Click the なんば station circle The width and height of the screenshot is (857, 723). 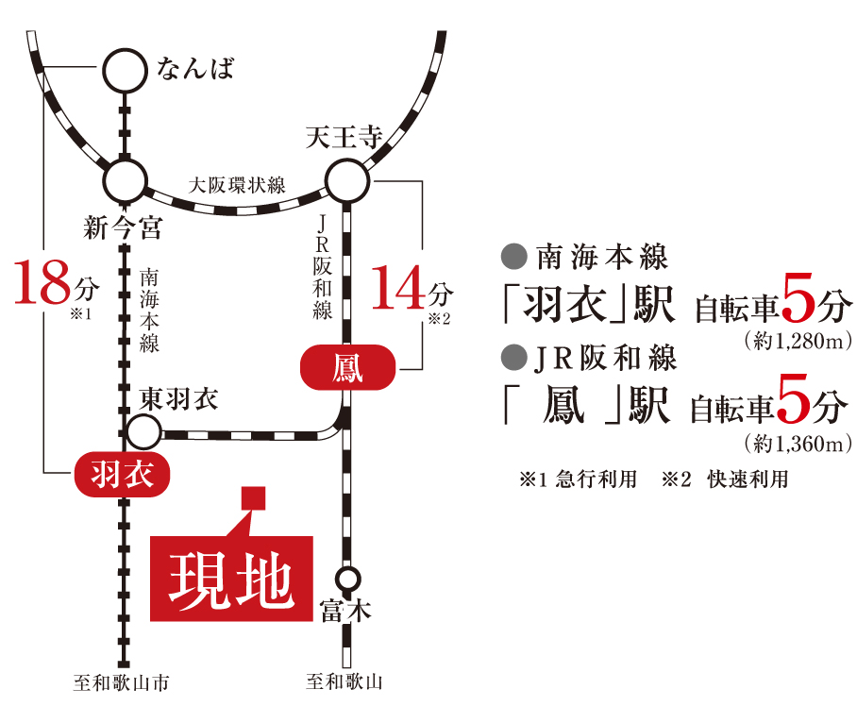(x=126, y=50)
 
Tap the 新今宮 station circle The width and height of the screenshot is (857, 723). (x=126, y=161)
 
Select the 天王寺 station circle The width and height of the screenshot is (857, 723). (x=347, y=161)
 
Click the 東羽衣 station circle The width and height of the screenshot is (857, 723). (x=143, y=416)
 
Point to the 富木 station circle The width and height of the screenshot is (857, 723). (x=348, y=569)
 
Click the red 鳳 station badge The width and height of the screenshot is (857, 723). (x=347, y=367)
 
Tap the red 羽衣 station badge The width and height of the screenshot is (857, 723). (x=122, y=475)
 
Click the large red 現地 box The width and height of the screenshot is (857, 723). (x=232, y=579)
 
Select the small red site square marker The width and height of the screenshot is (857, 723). (x=253, y=497)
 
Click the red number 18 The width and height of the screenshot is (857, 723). (x=42, y=282)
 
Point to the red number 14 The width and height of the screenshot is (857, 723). (x=398, y=288)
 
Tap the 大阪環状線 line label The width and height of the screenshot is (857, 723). (x=237, y=185)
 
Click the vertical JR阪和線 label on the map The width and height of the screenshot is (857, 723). (x=323, y=267)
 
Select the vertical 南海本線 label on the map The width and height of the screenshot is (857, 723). (x=149, y=310)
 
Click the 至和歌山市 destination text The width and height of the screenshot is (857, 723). (x=122, y=682)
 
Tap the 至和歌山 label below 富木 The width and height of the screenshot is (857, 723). (x=344, y=681)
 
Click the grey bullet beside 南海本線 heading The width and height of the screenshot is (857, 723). (x=513, y=257)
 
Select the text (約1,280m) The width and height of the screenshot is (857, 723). (x=798, y=341)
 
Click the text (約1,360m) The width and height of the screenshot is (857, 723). (x=798, y=444)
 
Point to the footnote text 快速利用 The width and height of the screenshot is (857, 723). (x=748, y=479)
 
